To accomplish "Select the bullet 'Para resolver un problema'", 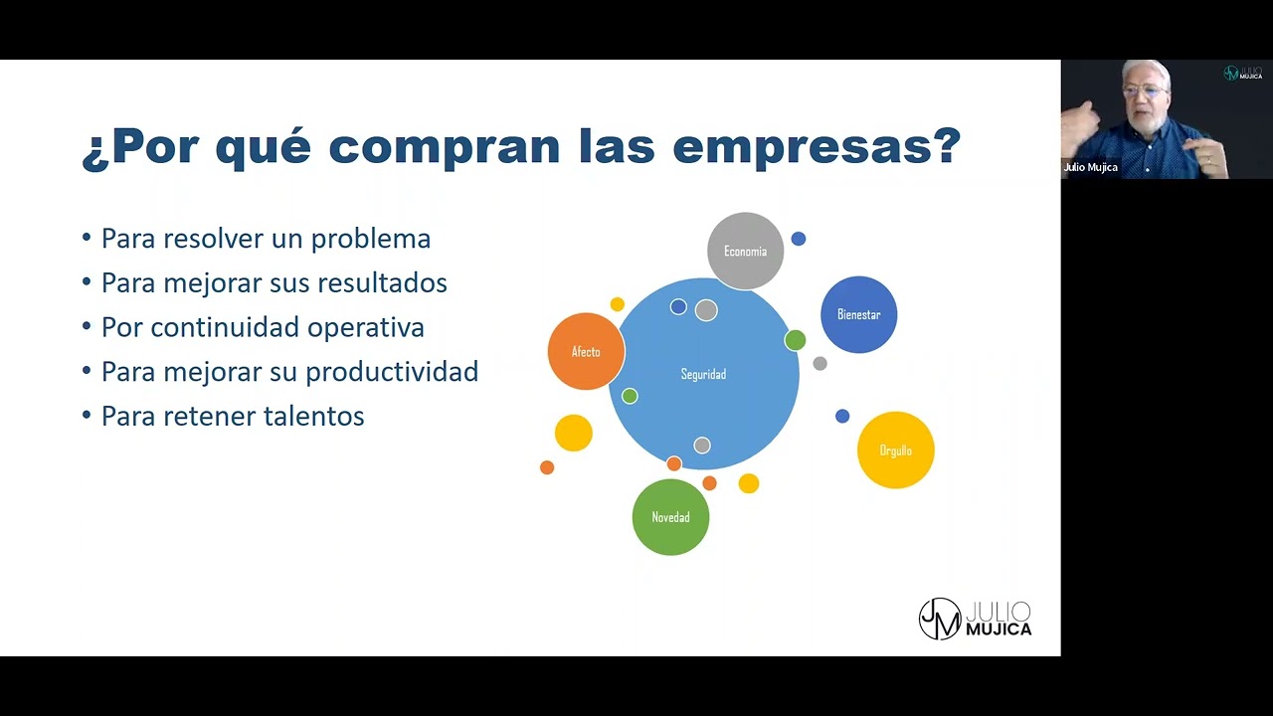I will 266,239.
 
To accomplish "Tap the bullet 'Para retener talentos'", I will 233,416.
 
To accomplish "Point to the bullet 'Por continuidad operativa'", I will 263,327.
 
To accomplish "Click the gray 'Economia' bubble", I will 745,252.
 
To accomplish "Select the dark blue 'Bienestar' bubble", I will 858,314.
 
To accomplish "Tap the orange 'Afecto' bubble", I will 586,352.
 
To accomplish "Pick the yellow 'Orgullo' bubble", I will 895,450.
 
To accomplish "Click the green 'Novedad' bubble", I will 670,517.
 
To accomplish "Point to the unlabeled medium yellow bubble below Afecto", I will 574,433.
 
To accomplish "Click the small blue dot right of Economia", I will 799,239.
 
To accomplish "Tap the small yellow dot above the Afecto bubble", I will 617,304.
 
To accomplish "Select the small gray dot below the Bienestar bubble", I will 819,364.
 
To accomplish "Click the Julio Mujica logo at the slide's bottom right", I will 975,619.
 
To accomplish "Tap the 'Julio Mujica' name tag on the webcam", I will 1091,167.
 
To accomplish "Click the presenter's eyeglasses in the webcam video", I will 1144,90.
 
